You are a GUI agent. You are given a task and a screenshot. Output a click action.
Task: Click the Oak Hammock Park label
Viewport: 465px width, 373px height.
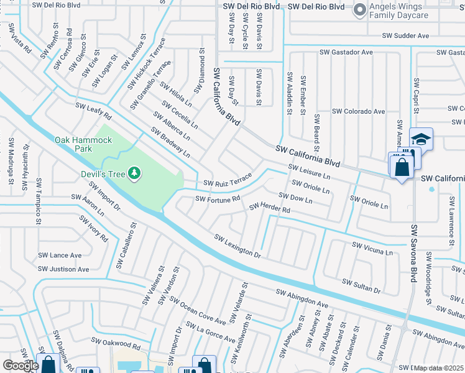(83, 144)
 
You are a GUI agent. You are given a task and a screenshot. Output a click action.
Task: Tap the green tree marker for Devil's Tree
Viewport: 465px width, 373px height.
(134, 172)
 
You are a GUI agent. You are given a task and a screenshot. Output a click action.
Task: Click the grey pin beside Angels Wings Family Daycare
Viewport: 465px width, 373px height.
(359, 9)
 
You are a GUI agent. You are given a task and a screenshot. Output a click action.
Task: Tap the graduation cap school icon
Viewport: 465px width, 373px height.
(421, 139)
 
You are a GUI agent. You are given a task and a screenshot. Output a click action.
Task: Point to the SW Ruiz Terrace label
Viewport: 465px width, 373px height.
(228, 180)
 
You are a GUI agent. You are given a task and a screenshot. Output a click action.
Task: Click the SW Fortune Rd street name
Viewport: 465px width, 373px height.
(218, 199)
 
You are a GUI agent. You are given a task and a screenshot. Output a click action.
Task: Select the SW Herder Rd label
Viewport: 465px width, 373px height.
(270, 208)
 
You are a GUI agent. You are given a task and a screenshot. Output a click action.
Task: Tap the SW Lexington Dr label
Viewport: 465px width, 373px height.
(237, 246)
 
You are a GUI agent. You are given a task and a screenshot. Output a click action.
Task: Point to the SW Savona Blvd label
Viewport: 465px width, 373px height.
(412, 254)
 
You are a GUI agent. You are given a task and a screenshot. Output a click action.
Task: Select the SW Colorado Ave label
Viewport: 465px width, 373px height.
(359, 112)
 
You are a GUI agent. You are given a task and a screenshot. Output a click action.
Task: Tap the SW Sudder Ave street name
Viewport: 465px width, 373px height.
(405, 36)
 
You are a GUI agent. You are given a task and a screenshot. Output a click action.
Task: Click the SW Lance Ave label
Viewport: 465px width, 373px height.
(60, 255)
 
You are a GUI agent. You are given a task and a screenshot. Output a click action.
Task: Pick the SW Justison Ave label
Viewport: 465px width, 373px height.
(63, 269)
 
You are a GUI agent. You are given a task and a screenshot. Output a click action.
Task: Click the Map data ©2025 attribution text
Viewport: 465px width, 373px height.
(439, 368)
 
